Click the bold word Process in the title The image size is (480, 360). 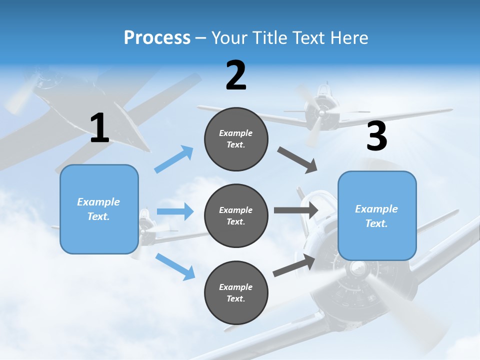coord(157,38)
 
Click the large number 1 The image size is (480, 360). coord(99,128)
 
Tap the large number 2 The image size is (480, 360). coord(236,75)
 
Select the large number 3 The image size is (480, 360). coord(376,136)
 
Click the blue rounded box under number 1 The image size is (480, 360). coord(99,209)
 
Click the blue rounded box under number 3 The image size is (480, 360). coord(377,215)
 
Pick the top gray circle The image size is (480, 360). coord(236,139)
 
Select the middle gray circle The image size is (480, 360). coord(236,215)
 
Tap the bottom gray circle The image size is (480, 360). coord(236,292)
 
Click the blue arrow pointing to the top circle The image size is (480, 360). coord(174,159)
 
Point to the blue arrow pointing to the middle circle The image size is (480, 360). coord(175,211)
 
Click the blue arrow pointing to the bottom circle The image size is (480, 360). coord(175,266)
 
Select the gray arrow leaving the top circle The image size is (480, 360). coord(297,160)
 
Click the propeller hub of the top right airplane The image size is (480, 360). coord(320,113)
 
